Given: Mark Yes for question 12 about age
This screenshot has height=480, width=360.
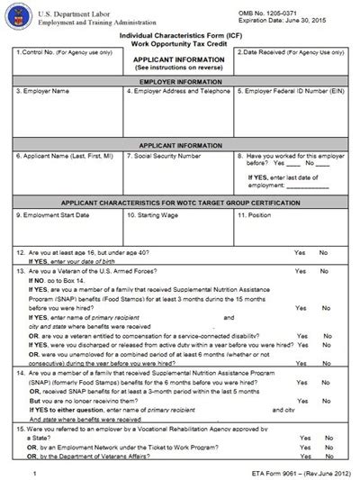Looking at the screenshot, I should point(298,253).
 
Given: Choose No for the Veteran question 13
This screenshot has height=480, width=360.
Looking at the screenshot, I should point(323,270).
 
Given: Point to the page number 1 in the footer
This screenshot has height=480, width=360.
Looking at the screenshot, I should point(32,472).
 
